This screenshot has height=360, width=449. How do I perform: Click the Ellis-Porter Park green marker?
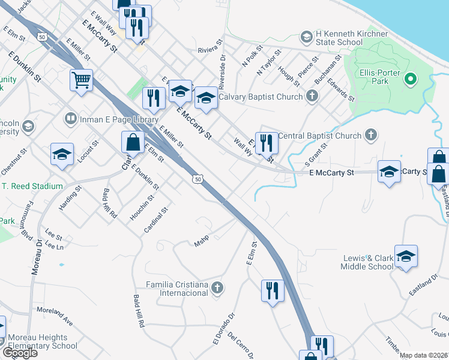point(411,79)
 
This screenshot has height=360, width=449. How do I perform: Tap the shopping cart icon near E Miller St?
point(81,80)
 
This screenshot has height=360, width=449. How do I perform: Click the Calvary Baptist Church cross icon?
point(312,96)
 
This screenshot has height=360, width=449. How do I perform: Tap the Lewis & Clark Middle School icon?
point(406,256)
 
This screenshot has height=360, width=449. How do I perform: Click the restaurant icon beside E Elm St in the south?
point(272,290)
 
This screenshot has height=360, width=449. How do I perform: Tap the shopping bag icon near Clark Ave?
point(133,143)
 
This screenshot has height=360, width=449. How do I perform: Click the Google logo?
point(20,353)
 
